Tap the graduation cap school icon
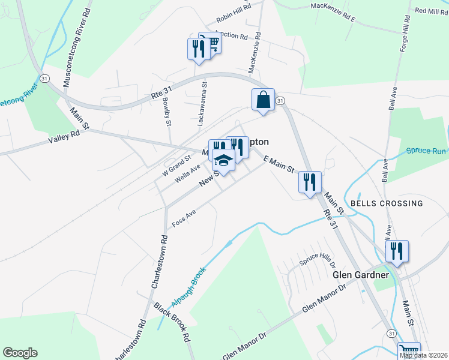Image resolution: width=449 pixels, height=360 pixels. pos(223,161)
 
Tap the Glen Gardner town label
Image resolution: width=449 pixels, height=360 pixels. pos(360,275)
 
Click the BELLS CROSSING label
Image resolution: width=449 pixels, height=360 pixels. pos(387,203)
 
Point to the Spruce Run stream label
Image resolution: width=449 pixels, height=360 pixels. pos(426,151)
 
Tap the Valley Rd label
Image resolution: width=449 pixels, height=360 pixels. pos(65,138)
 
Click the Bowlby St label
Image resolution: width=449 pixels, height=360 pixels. pos(166,110)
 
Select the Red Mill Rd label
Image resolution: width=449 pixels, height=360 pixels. pos(430,11)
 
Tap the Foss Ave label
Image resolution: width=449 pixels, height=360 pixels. pos(184,218)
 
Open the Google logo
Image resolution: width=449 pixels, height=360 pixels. pos(20,353)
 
